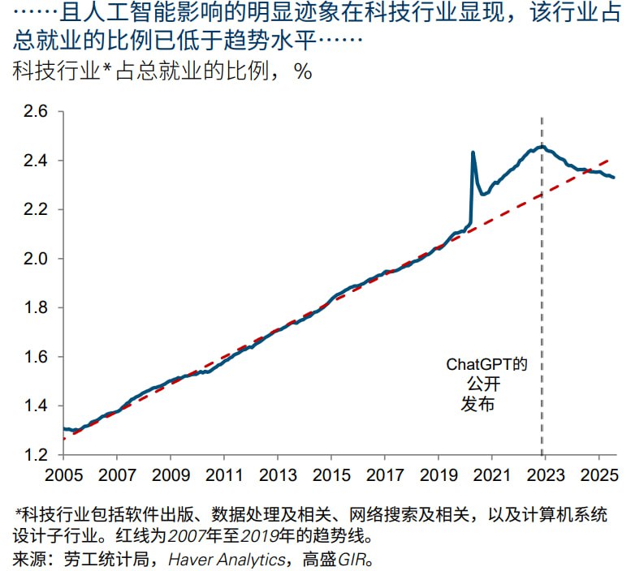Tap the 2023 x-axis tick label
[544, 474]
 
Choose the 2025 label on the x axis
[598, 474]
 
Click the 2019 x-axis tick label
[438, 474]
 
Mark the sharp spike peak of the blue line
[473, 152]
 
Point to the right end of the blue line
[614, 177]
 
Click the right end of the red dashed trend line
[610, 159]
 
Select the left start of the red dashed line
[63, 439]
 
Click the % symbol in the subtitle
[303, 71]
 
